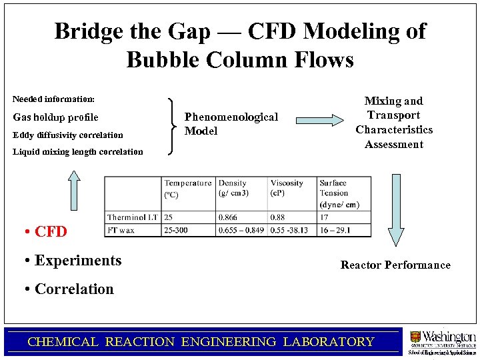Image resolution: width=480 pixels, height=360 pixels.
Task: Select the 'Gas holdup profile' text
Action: (55, 117)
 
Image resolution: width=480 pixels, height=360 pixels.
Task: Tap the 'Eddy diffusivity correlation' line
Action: (67, 135)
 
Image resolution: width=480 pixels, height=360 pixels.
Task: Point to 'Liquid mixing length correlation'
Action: (77, 151)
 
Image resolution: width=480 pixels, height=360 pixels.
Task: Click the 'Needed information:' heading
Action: (53, 99)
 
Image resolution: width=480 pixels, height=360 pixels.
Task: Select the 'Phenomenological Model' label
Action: (231, 124)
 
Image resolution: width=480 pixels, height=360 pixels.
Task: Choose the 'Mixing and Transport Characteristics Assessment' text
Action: (394, 123)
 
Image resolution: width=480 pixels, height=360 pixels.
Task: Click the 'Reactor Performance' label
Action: (395, 265)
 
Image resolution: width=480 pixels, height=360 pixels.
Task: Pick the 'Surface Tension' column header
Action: (339, 193)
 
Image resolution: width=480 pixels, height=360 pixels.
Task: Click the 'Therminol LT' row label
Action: (133, 217)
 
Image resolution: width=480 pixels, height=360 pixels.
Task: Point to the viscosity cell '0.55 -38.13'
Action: (293, 230)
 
